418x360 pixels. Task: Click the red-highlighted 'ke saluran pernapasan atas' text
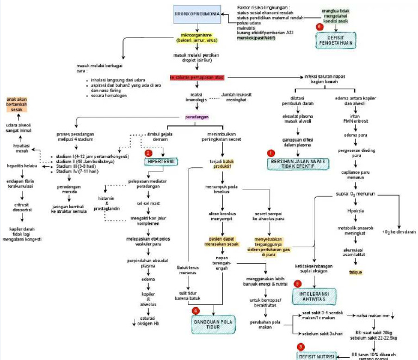coord(196,77)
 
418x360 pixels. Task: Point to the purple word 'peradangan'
coord(197,117)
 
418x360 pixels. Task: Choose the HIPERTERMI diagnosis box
coord(161,162)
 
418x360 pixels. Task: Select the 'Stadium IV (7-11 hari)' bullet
coord(73,172)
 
